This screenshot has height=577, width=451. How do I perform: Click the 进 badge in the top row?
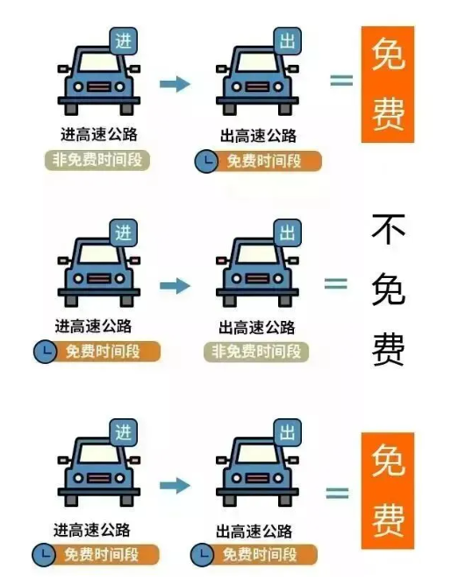(124, 41)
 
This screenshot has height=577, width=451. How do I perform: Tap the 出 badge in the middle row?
(288, 232)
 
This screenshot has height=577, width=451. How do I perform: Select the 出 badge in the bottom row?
(288, 432)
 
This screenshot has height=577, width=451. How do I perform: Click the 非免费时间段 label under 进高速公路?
(97, 160)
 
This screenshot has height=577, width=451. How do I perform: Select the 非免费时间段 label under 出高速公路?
(256, 352)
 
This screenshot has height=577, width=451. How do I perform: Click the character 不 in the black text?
(388, 229)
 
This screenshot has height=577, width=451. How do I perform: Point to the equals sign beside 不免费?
(336, 284)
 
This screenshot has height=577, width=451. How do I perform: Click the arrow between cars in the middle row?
(175, 286)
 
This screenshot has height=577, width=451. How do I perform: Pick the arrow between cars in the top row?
(175, 84)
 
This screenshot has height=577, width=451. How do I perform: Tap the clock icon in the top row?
(206, 161)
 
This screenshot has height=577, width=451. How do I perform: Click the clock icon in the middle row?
(45, 352)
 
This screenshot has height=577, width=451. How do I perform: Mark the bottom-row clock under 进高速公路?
(44, 554)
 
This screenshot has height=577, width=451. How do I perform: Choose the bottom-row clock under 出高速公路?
(202, 554)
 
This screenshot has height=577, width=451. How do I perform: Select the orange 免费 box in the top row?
(388, 84)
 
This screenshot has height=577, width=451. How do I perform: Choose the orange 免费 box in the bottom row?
(388, 490)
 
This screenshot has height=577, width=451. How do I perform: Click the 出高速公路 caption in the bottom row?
(254, 531)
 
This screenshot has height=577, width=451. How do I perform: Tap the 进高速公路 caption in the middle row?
(93, 326)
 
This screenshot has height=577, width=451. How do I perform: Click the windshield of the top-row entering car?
(99, 61)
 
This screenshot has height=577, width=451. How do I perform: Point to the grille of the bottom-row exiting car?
(257, 479)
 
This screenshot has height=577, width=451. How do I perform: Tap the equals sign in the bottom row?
(337, 493)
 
